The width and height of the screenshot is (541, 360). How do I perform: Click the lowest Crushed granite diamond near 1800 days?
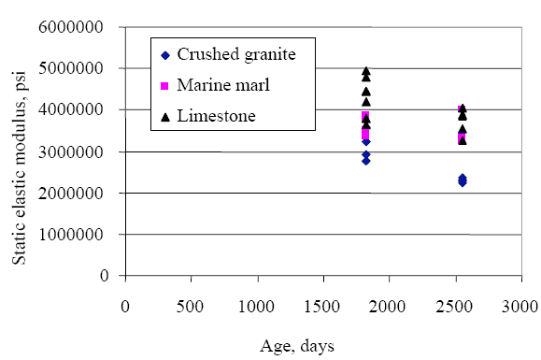[x=366, y=160]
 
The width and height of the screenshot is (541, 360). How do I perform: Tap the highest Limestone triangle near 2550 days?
[x=463, y=108]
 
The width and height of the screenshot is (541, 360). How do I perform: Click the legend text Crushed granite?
[x=239, y=54]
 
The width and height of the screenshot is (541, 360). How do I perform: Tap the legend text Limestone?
[x=221, y=116]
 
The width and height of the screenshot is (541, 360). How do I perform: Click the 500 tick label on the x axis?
[x=192, y=306]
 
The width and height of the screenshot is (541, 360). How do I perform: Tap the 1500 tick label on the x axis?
[x=324, y=306]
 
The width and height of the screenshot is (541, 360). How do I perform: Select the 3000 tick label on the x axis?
[x=522, y=306]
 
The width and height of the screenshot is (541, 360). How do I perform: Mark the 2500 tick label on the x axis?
[x=456, y=306]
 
